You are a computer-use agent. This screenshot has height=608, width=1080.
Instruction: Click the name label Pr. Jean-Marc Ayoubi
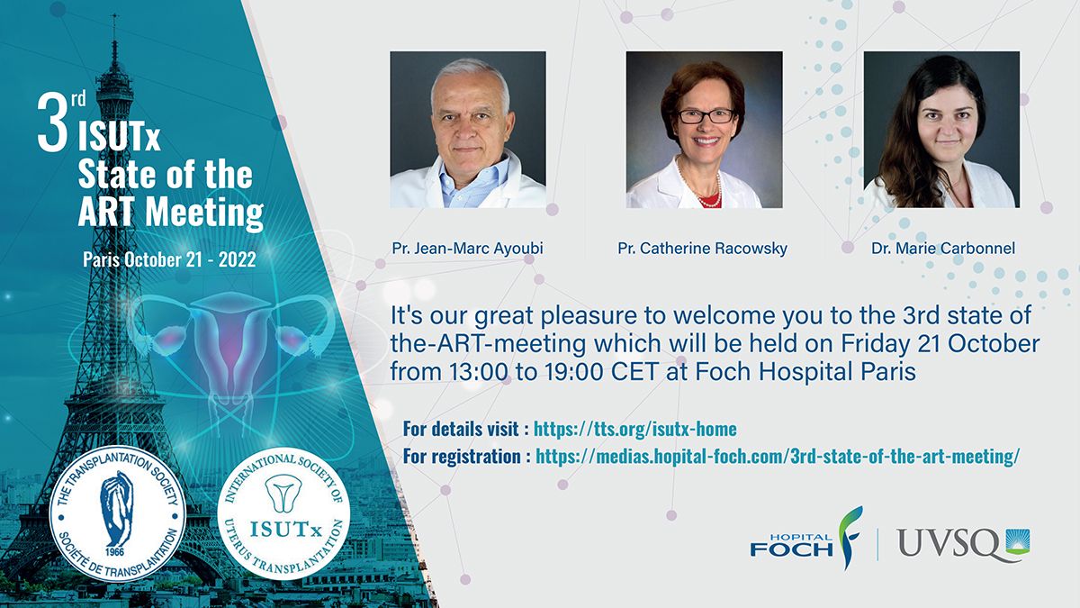pos(467,248)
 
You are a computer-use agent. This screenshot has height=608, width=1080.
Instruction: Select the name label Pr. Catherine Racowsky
pos(703,248)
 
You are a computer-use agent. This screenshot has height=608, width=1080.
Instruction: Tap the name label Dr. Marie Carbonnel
pos(943,248)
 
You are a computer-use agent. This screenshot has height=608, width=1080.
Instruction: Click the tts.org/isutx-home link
pos(635,429)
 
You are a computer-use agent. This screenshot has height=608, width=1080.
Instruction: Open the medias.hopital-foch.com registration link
pos(778,456)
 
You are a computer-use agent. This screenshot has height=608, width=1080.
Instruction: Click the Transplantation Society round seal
pos(118,513)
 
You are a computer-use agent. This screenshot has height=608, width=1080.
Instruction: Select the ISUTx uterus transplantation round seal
pos(283,513)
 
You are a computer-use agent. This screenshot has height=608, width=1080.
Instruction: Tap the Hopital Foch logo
pos(806,539)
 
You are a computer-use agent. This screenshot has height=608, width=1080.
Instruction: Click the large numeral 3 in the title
pos(52,124)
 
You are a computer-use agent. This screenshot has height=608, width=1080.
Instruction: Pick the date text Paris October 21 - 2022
pos(169,259)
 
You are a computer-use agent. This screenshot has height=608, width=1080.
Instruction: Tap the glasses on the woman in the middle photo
pos(706,116)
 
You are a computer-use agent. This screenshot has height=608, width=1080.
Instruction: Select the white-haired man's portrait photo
pos(468,130)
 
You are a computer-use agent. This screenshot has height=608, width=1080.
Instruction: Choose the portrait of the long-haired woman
pos(941,130)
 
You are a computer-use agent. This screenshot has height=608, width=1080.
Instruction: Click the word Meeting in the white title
pos(204,213)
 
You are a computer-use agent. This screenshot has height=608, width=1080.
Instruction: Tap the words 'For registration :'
pos(462,456)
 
